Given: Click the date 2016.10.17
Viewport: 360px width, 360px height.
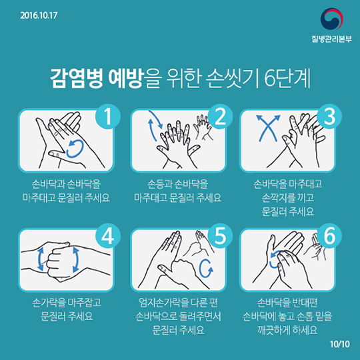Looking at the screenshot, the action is [x=39, y=15].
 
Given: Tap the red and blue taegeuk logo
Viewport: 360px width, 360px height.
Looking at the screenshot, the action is [x=331, y=19].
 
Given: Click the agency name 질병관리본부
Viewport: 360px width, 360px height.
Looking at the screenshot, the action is [x=331, y=39].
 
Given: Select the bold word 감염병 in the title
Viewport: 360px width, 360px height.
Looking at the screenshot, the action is [x=77, y=78].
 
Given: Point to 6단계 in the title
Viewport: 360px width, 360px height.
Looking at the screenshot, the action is [x=287, y=78].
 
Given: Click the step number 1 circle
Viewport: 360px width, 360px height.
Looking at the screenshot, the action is [x=108, y=117].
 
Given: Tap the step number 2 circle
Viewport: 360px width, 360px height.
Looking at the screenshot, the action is [x=220, y=117].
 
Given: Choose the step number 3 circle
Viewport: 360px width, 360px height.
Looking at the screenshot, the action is [x=329, y=117].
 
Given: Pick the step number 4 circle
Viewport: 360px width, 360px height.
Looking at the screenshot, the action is [x=108, y=236].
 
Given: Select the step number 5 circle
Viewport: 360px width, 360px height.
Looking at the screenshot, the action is [x=220, y=236].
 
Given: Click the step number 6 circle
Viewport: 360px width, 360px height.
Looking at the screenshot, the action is [x=329, y=236].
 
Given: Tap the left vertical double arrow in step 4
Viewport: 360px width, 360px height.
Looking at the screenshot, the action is [x=41, y=259].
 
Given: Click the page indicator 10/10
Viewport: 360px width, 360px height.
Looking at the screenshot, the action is [x=340, y=344].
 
